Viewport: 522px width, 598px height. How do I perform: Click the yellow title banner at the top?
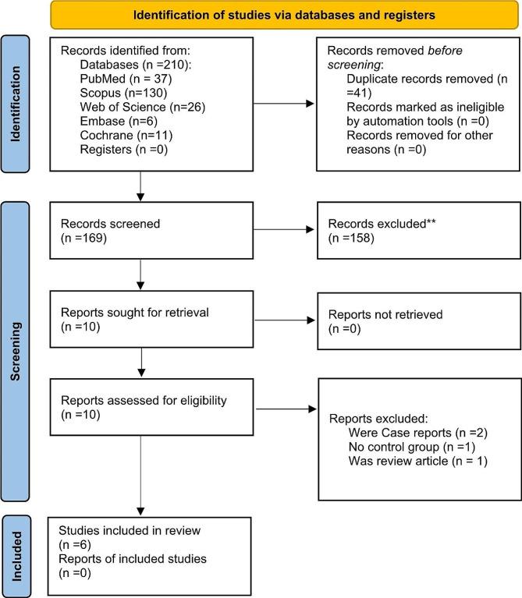285,14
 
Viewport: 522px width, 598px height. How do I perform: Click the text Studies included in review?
129,531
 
